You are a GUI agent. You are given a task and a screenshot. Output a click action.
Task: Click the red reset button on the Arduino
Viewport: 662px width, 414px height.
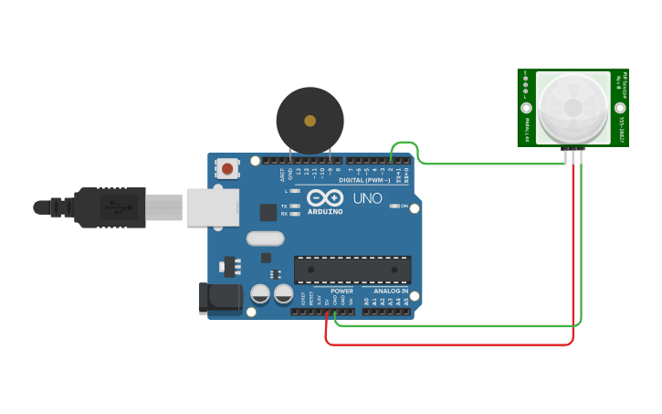pyautogui.click(x=226, y=168)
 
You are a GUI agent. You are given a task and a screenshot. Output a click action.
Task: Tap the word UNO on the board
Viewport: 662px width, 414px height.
pyautogui.click(x=367, y=197)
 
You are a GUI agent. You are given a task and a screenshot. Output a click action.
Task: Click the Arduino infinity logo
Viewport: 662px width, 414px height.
pyautogui.click(x=325, y=197)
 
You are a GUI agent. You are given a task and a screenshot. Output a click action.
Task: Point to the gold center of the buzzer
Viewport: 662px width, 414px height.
pyautogui.click(x=310, y=121)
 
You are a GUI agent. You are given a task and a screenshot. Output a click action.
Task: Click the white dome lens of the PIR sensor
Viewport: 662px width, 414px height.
pyautogui.click(x=573, y=107)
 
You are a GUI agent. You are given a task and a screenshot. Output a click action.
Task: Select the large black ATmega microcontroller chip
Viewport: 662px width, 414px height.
pyautogui.click(x=352, y=270)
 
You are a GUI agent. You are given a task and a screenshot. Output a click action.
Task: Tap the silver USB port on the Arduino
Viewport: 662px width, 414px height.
pyautogui.click(x=212, y=207)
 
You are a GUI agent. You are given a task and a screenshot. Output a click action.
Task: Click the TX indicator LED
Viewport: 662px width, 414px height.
pyautogui.click(x=294, y=207)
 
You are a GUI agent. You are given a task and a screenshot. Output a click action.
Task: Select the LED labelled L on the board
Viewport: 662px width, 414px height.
pyautogui.click(x=294, y=191)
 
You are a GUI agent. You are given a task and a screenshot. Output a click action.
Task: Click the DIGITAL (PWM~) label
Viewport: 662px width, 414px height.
pyautogui.click(x=364, y=180)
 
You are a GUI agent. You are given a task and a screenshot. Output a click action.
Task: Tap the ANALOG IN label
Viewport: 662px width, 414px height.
pyautogui.click(x=390, y=291)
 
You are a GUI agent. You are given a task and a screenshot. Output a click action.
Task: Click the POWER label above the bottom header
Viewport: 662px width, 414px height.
pyautogui.click(x=342, y=291)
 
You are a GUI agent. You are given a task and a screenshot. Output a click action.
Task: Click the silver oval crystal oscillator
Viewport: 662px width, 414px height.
pyautogui.click(x=265, y=239)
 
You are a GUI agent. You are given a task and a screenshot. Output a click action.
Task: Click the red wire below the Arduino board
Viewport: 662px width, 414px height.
pyautogui.click(x=447, y=345)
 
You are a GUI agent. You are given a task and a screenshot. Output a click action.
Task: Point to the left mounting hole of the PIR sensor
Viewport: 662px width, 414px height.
pyautogui.click(x=527, y=108)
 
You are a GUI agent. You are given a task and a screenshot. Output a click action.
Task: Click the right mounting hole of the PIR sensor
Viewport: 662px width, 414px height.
pyautogui.click(x=618, y=108)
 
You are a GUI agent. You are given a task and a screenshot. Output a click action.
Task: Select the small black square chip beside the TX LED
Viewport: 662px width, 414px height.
pyautogui.click(x=268, y=212)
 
